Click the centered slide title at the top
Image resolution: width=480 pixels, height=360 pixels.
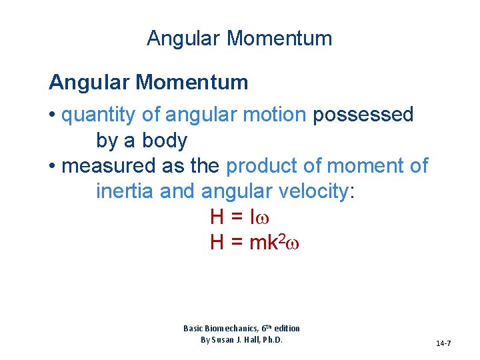click(239, 39)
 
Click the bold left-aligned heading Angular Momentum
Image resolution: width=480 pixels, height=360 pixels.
click(149, 83)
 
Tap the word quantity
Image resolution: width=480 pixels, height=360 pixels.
click(99, 115)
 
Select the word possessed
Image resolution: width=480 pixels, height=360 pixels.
click(363, 115)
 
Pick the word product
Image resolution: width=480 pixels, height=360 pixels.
click(263, 166)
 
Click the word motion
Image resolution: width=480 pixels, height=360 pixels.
click(273, 115)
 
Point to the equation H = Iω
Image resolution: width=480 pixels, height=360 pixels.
click(239, 217)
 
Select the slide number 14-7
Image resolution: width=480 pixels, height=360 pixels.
click(443, 343)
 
